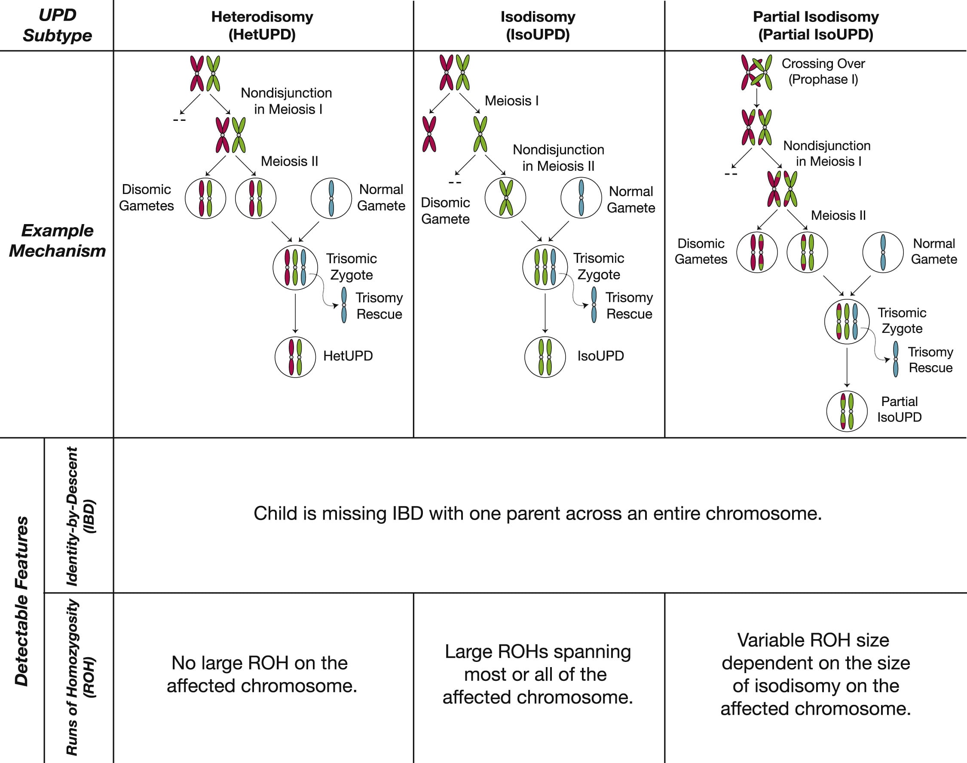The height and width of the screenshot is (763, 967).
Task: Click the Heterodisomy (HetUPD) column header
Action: coord(262,25)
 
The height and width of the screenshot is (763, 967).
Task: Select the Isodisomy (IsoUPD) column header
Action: coord(538,25)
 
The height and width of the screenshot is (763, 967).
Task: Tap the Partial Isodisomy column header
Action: coord(816,25)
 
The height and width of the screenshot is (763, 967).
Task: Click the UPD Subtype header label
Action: coord(57,25)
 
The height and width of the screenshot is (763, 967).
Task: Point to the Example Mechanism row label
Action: coord(57,241)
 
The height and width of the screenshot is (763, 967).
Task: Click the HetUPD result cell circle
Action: coord(295,357)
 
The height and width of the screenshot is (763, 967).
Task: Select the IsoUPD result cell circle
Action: coord(545,357)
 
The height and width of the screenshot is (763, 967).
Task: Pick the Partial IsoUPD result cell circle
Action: coord(847,411)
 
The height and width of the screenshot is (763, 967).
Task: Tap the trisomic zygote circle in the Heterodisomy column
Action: coord(295,268)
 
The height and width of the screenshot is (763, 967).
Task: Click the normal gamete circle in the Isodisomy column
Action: coord(581,198)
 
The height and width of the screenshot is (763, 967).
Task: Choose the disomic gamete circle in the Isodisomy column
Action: coord(506,198)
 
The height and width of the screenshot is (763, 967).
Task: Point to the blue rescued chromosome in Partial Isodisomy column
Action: coord(896,359)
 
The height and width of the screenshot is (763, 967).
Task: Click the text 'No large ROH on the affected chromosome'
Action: coord(262,674)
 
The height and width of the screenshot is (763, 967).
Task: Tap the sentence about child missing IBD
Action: coord(538,513)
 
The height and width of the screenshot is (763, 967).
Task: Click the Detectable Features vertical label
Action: coord(21,601)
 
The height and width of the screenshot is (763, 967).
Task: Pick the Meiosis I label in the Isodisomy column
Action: coord(511,101)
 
